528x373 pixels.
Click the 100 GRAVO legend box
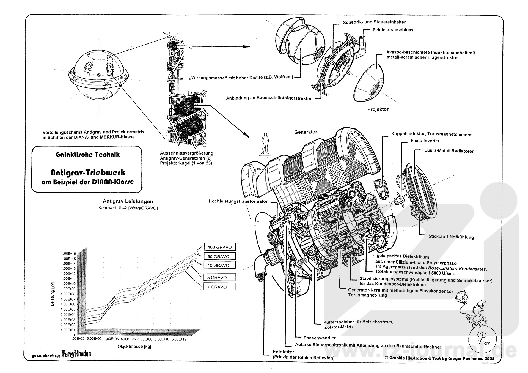click(219, 247)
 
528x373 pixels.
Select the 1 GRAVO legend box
click(219, 287)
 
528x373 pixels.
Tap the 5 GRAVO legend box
click(219, 277)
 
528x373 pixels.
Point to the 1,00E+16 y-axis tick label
click(68, 254)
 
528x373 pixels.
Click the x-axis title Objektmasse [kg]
click(134, 347)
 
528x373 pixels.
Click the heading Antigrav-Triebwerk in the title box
click(88, 173)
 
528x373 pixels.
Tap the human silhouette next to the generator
click(265, 144)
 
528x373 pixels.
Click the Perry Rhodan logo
click(76, 354)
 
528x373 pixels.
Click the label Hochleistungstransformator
click(238, 201)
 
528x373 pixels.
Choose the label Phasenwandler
click(320, 338)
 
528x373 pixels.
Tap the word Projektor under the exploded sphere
click(378, 109)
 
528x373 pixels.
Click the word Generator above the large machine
click(306, 132)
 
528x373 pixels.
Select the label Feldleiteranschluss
click(393, 30)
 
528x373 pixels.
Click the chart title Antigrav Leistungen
click(128, 201)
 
